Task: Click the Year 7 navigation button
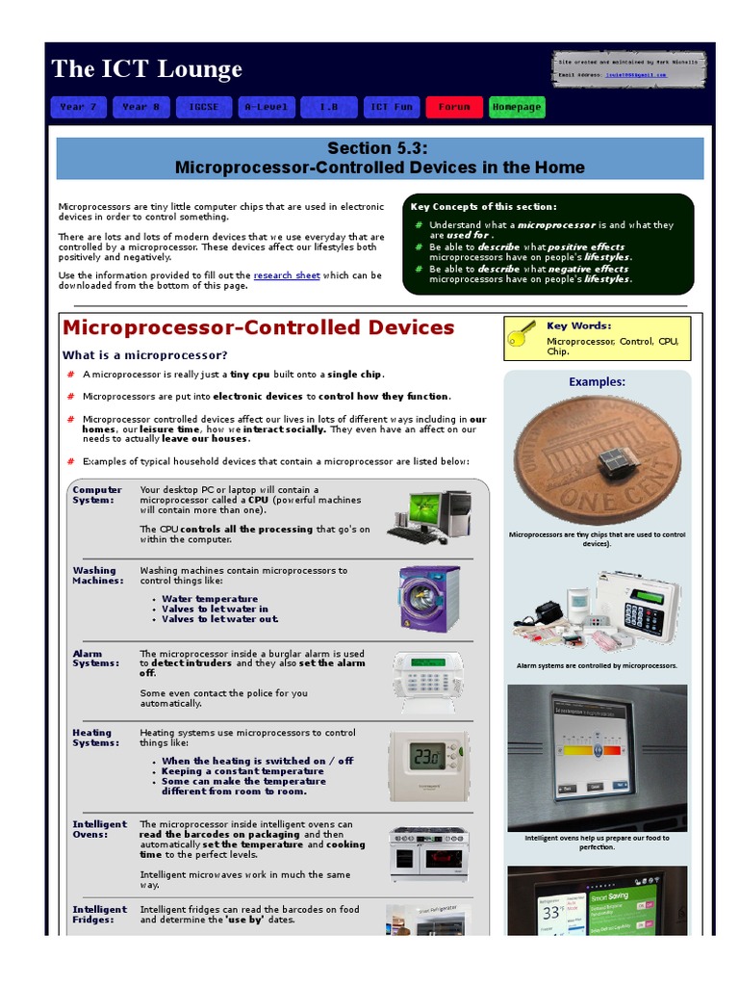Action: [78, 107]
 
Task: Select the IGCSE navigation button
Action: [204, 107]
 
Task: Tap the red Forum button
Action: [454, 107]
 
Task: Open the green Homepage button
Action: [517, 107]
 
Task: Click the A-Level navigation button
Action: [267, 107]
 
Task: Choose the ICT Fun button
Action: [392, 107]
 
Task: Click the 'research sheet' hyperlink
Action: [287, 275]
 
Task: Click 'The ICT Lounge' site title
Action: [146, 69]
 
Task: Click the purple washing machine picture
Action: [429, 598]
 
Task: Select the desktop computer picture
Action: [432, 515]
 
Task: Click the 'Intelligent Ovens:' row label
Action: [99, 829]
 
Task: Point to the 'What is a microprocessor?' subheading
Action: [145, 355]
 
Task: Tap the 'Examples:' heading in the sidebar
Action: [597, 381]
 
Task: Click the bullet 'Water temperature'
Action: [210, 599]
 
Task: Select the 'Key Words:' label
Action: [578, 325]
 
